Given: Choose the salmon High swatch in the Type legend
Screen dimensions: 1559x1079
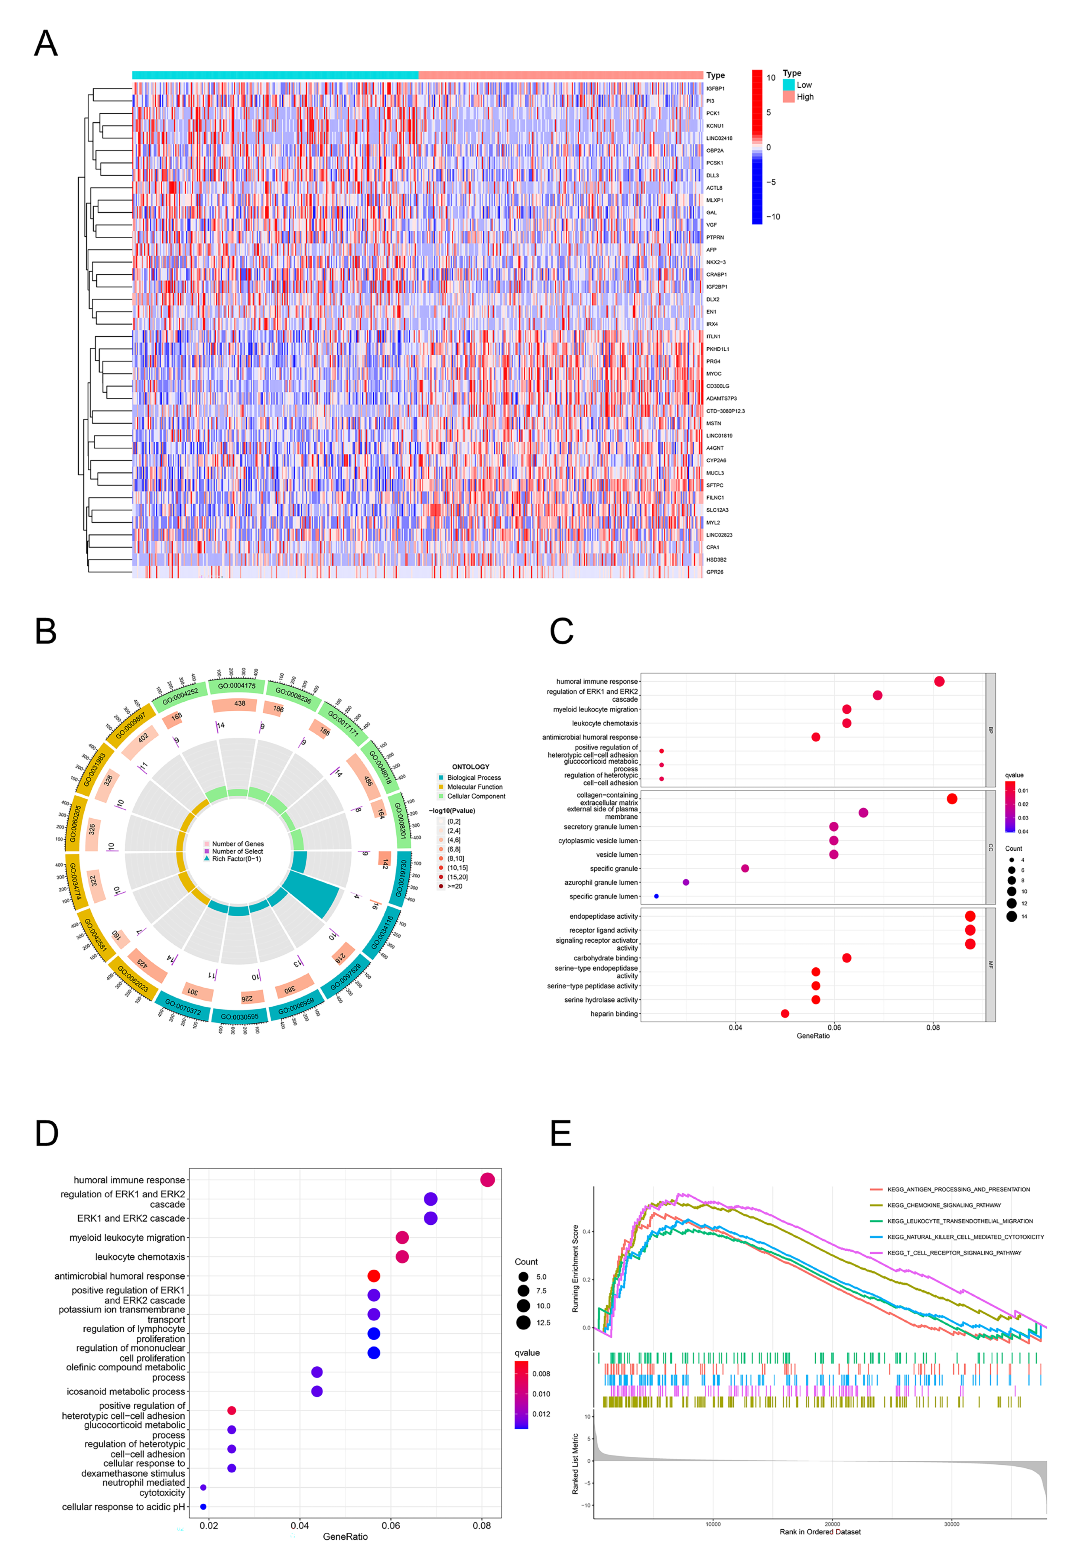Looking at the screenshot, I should click(x=788, y=97).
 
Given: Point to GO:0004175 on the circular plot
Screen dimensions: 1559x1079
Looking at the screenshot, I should click(x=237, y=685).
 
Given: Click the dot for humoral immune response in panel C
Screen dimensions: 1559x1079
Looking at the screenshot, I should click(x=939, y=681).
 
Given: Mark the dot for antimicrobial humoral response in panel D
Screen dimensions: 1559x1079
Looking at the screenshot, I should click(x=373, y=1276).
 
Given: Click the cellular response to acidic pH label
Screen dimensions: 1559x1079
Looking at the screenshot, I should click(x=123, y=1507).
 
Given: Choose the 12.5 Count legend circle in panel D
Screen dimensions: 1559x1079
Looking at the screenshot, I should click(x=523, y=1322).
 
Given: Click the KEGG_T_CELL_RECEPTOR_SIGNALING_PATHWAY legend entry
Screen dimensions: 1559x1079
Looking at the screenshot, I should click(x=954, y=1253).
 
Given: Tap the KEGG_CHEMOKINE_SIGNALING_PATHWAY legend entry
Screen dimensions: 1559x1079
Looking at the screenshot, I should click(x=944, y=1205).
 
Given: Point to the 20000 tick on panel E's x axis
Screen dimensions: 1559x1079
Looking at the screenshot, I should click(x=832, y=1524).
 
